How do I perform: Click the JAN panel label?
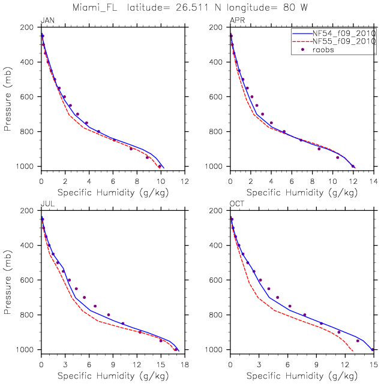coord(47,20)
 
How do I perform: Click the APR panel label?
coord(237,20)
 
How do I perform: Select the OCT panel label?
coord(237,204)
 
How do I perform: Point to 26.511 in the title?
coord(212,8)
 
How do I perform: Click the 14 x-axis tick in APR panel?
coord(373,181)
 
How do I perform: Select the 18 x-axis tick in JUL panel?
coord(184,364)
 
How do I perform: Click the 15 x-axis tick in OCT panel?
coord(373,364)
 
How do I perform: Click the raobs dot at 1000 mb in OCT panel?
coord(373,349)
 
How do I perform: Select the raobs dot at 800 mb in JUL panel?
coord(109,315)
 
